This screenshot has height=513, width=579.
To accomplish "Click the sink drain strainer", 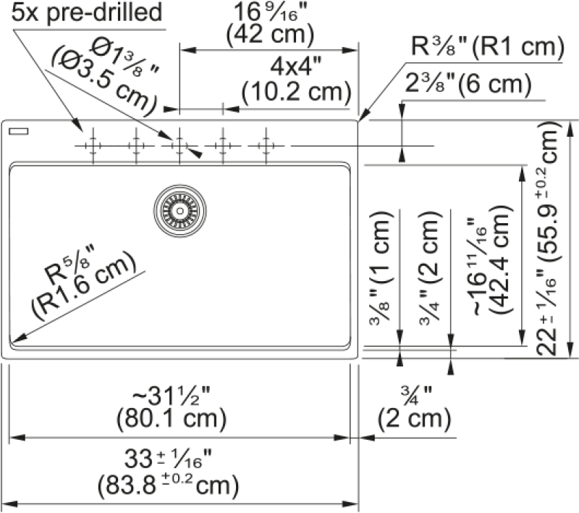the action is [179, 211].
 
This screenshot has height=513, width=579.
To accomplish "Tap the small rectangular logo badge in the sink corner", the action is [19, 131].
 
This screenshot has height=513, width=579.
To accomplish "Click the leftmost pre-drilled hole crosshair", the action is [93, 146].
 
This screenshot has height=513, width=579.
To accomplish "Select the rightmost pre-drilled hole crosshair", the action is [266, 146].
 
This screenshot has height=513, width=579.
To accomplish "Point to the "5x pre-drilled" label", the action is [87, 12].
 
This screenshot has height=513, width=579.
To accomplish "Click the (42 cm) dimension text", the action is [270, 35].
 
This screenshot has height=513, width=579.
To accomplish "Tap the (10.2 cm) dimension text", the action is [296, 92].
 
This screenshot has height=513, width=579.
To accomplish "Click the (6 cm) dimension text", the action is [495, 84].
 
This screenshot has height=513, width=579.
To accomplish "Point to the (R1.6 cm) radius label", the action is [85, 288].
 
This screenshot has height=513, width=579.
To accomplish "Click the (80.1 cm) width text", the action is [172, 419].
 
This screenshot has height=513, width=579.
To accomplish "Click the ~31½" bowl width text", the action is [171, 396].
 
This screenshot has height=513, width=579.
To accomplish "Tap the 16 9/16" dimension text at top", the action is [270, 12].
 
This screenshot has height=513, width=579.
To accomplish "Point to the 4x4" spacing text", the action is [296, 67].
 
